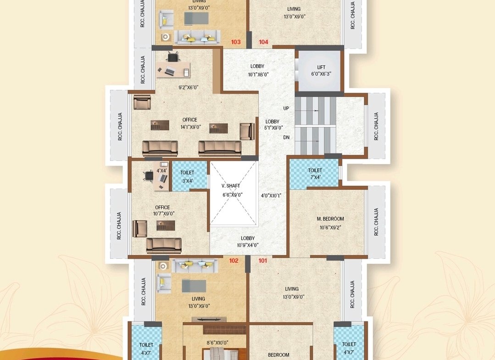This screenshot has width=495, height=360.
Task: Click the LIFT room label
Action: coord(321,67)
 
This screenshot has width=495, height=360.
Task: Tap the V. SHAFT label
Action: coord(231,186)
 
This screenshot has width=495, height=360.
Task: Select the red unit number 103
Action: coord(236,42)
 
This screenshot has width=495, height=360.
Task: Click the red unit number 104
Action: coord(264,42)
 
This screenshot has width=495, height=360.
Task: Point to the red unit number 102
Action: coord(234,260)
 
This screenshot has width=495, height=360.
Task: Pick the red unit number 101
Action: coord(263,260)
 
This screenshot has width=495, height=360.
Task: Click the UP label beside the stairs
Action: coord(286,108)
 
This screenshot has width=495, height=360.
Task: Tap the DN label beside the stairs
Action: coord(286,137)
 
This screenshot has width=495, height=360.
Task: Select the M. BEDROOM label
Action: coord(330,219)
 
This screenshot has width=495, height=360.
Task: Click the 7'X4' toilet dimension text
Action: coord(315,177)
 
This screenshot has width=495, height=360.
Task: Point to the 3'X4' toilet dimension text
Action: coord(188,181)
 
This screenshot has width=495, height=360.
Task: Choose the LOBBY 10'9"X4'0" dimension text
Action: coord(248,245)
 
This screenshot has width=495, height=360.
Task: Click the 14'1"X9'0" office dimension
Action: coord(191,127)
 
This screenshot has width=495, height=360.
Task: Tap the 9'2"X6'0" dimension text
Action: coord(189,88)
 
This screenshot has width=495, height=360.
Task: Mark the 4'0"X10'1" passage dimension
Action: coord(271,196)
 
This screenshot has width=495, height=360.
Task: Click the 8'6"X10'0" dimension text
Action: coord(217,343)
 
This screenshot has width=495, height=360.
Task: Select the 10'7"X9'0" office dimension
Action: coord(164,214)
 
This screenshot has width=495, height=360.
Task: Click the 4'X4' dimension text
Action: coord(161,171)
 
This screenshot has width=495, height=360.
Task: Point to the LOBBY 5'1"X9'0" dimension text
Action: coord(273,128)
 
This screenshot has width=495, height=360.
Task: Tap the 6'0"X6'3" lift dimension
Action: coord(321,74)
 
